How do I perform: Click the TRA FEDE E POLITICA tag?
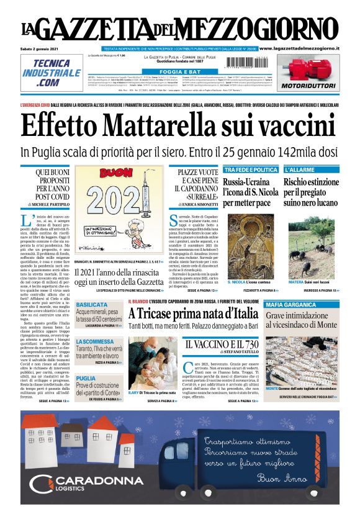tap(250, 169)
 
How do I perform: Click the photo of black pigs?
tap(311, 238)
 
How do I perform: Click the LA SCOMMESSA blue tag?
tap(95, 342)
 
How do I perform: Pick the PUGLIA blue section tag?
tap(86, 378)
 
